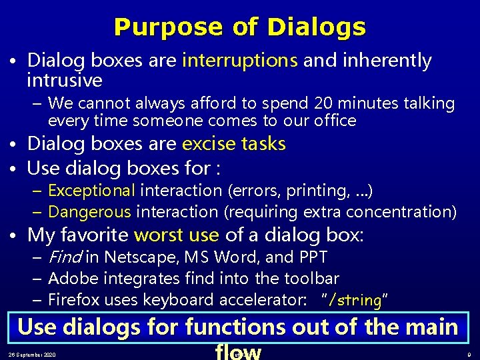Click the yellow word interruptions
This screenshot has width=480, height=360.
coord(239,61)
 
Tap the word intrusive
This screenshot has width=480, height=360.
coord(65,81)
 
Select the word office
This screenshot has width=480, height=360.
coord(335,121)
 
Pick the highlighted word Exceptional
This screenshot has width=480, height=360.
coord(91,191)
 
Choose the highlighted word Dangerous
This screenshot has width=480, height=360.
coord(90,212)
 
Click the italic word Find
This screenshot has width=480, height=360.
coord(65,257)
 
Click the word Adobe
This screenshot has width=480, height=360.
coord(70,278)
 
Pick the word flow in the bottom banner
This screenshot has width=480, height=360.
coord(237,352)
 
